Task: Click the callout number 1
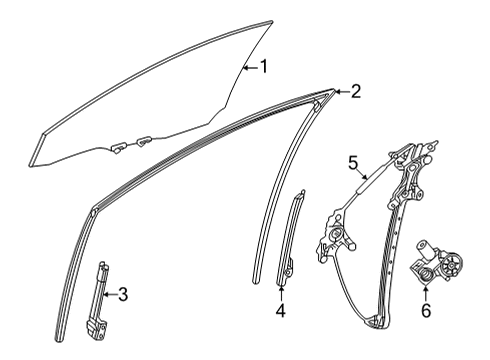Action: tap(264, 68)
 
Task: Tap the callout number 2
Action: tap(355, 91)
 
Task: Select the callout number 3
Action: tap(123, 294)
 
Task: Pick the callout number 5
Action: tap(352, 162)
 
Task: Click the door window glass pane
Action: tap(150, 95)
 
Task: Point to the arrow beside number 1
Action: tap(248, 68)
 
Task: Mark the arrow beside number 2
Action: tap(339, 91)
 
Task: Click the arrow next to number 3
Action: tap(110, 294)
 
